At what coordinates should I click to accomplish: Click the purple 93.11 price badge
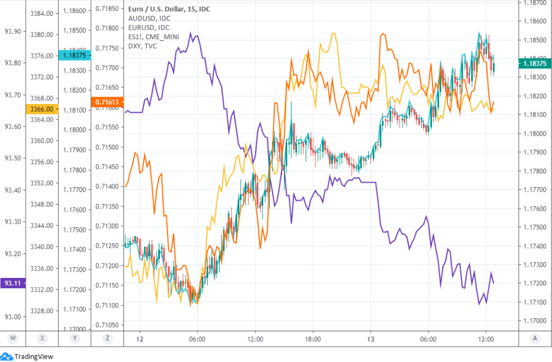click(13, 282)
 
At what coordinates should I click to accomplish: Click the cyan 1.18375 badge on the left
click(75, 55)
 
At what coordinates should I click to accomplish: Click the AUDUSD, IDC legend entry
click(149, 18)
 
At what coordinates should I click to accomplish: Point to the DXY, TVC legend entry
click(145, 45)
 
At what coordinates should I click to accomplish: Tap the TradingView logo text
click(34, 356)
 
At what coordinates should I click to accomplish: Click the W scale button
click(13, 339)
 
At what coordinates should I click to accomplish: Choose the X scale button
click(43, 339)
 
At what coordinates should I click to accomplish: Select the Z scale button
click(108, 339)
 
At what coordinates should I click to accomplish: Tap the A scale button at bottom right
click(535, 339)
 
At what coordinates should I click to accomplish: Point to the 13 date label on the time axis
click(370, 339)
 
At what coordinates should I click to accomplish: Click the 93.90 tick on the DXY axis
click(13, 31)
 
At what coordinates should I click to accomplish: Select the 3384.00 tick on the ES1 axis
click(43, 13)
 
